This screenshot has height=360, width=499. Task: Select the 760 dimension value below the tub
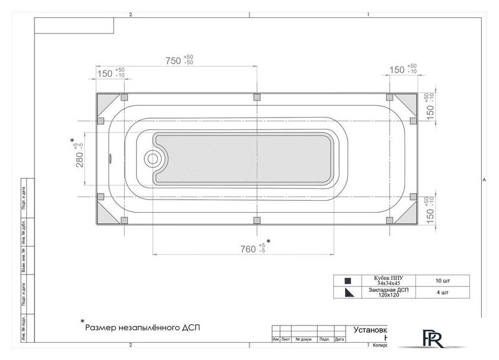click(248, 248)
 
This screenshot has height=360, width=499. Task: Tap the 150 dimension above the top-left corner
click(105, 73)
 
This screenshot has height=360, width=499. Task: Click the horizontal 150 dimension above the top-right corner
click(396, 70)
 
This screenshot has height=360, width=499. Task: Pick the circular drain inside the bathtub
click(153, 159)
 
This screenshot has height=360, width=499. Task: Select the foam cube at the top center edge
click(257, 97)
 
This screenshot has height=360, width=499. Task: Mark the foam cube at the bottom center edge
click(257, 221)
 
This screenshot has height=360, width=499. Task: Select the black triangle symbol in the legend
click(348, 291)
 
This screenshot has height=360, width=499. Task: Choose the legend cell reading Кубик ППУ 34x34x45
click(389, 280)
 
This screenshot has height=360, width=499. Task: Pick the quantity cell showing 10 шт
click(442, 280)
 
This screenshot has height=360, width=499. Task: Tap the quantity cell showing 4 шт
click(442, 291)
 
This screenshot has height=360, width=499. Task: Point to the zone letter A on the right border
click(484, 179)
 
